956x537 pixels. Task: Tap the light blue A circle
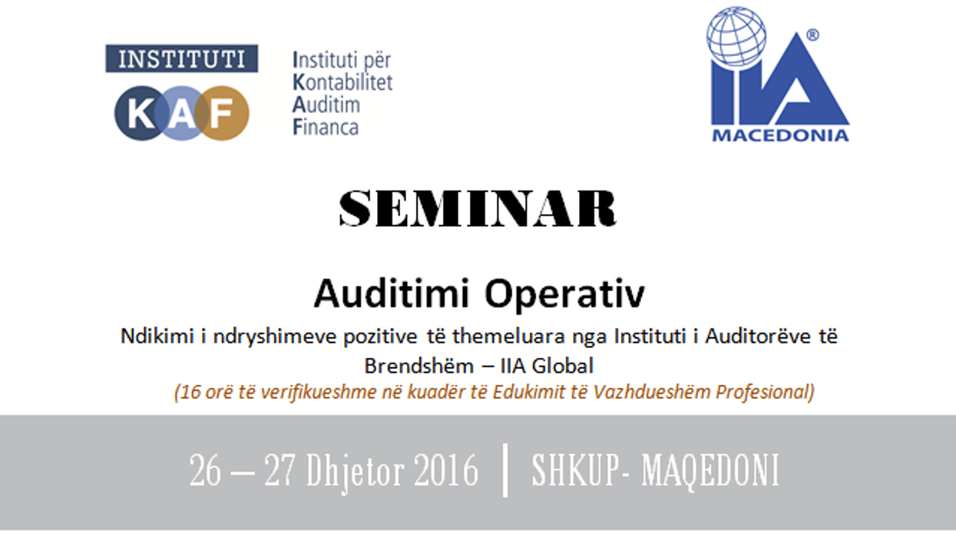[182, 114]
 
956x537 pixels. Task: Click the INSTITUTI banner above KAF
[182, 59]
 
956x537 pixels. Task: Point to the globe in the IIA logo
[736, 36]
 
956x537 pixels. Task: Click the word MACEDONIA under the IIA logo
[779, 136]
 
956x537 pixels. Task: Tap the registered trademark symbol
[812, 35]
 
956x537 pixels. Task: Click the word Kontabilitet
[342, 82]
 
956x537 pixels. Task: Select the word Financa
[326, 127]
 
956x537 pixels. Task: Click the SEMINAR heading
[478, 208]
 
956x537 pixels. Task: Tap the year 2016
[446, 470]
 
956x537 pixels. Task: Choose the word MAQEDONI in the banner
[710, 470]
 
